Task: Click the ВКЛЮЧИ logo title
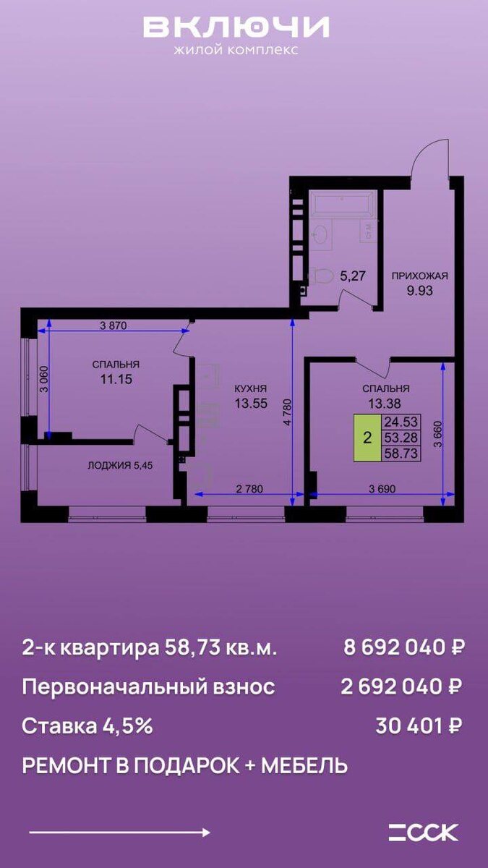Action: tap(236, 27)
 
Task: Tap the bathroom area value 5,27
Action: tap(353, 276)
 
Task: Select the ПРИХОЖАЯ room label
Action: tap(420, 276)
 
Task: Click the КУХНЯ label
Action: tap(251, 388)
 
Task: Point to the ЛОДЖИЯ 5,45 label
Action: tap(120, 465)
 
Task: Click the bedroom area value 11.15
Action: tap(116, 379)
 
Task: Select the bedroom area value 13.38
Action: tap(385, 404)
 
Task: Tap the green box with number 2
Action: tap(367, 438)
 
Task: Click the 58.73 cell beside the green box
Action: tap(401, 453)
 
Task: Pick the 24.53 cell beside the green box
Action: tap(401, 422)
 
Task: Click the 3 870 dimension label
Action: tap(113, 326)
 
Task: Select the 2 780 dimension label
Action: tap(249, 489)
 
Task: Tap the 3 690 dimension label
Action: tap(382, 489)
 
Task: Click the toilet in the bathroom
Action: tap(321, 276)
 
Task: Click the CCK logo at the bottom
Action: tap(424, 832)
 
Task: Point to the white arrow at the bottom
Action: tap(119, 833)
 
